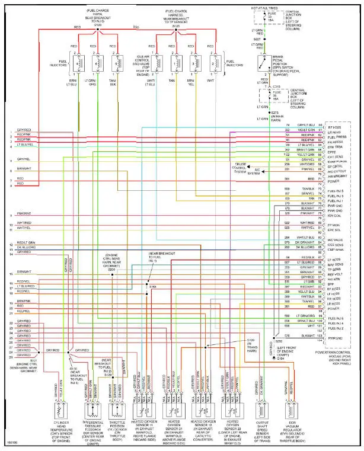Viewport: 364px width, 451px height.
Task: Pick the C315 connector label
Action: [x=275, y=86]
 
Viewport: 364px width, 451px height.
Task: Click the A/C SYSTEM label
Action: [x=254, y=172]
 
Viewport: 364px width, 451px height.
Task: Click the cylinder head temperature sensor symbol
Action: [x=61, y=410]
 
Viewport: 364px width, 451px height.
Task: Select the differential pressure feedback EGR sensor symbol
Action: [x=91, y=410]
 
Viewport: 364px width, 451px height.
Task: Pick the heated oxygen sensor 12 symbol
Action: [x=202, y=410]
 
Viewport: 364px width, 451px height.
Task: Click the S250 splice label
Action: [x=279, y=341]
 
